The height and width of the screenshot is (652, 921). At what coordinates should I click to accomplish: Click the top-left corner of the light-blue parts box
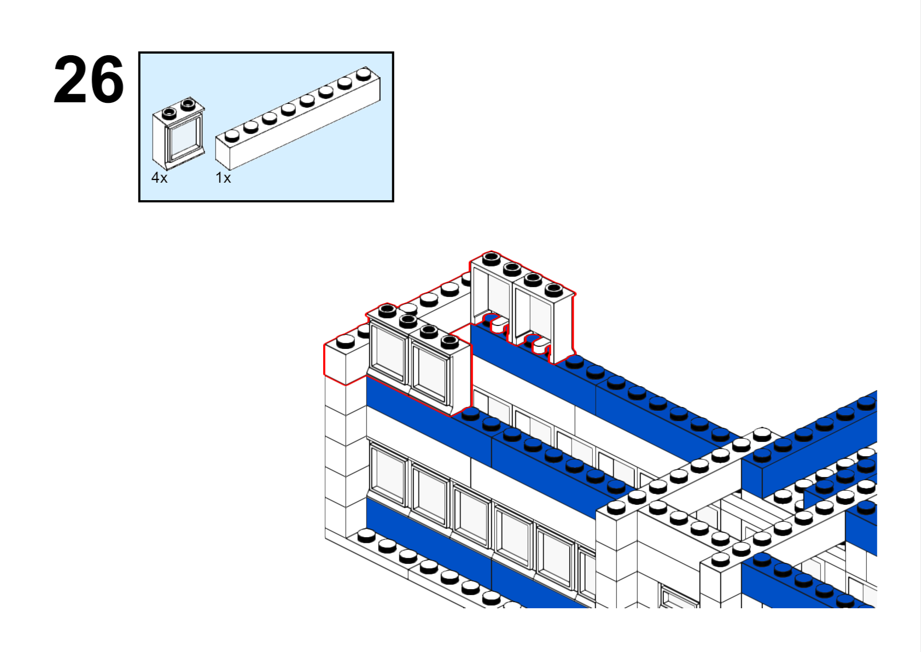[x=139, y=53]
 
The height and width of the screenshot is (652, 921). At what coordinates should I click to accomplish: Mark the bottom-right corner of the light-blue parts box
[x=393, y=201]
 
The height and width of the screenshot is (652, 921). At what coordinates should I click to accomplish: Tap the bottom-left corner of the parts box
[x=139, y=201]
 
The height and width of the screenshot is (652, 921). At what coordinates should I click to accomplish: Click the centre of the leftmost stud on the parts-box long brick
[x=232, y=135]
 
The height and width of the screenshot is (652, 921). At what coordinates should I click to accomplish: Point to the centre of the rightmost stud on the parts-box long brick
[x=364, y=74]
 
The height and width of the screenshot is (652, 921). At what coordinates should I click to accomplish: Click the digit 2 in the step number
[x=71, y=79]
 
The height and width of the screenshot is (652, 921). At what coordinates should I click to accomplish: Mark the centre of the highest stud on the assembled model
[x=491, y=259]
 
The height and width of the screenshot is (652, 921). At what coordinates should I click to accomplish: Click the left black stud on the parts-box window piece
[x=169, y=113]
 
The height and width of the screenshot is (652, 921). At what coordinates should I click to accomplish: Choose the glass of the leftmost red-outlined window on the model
[x=389, y=354]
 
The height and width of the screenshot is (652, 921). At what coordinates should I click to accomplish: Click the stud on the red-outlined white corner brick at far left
[x=346, y=341]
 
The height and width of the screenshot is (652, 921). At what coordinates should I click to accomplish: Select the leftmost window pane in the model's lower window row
[x=389, y=475]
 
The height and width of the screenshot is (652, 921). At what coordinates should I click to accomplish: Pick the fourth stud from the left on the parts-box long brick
[x=289, y=109]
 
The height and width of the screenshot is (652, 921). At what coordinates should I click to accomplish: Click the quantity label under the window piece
[x=160, y=178]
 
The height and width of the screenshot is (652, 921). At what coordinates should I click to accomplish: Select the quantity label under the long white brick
[x=223, y=178]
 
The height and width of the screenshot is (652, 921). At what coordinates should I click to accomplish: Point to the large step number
[x=89, y=79]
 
